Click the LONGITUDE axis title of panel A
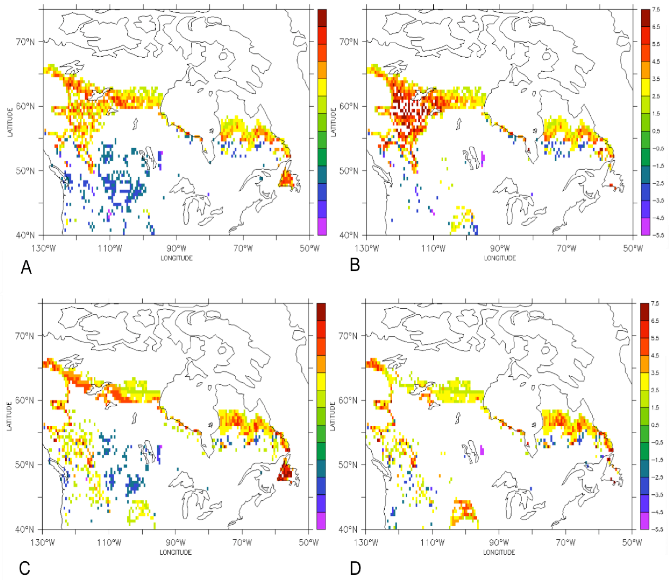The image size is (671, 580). pos(177,258)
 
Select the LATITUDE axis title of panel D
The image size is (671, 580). pos(332,416)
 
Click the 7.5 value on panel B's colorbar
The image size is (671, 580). pos(656,10)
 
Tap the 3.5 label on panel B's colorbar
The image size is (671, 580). pos(656,79)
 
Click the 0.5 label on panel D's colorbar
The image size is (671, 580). pos(655,425)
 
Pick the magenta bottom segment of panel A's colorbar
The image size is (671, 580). pos(322,226)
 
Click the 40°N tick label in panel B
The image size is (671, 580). pos(348,235)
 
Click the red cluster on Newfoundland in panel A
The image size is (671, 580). pos(287,179)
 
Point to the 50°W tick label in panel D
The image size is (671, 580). pos(632,543)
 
